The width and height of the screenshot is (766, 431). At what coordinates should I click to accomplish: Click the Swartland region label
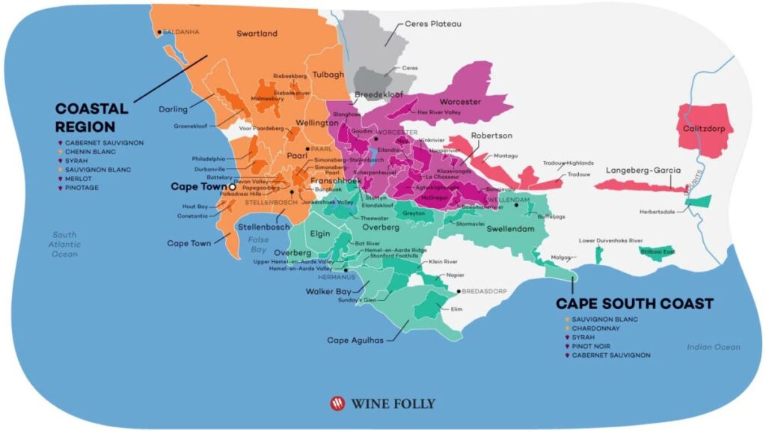pyautogui.click(x=257, y=34)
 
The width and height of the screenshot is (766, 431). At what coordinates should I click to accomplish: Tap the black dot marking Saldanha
pyautogui.click(x=159, y=32)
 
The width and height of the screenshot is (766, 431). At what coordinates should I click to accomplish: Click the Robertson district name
pyautogui.click(x=491, y=135)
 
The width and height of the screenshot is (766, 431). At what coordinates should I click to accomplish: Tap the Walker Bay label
pyautogui.click(x=327, y=291)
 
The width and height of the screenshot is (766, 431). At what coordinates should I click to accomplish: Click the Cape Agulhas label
pyautogui.click(x=355, y=340)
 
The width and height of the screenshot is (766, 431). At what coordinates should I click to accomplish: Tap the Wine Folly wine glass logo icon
pyautogui.click(x=338, y=403)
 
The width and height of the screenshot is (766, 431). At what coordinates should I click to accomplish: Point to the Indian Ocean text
pyautogui.click(x=714, y=346)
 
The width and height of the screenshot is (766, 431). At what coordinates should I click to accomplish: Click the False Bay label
pyautogui.click(x=258, y=244)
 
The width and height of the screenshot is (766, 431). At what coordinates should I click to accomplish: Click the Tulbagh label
pyautogui.click(x=328, y=75)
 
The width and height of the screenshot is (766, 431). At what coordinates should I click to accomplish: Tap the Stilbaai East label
pyautogui.click(x=658, y=252)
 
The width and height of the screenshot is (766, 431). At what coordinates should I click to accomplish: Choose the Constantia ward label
pyautogui.click(x=193, y=215)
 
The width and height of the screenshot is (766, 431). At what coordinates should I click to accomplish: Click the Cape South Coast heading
pyautogui.click(x=634, y=304)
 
